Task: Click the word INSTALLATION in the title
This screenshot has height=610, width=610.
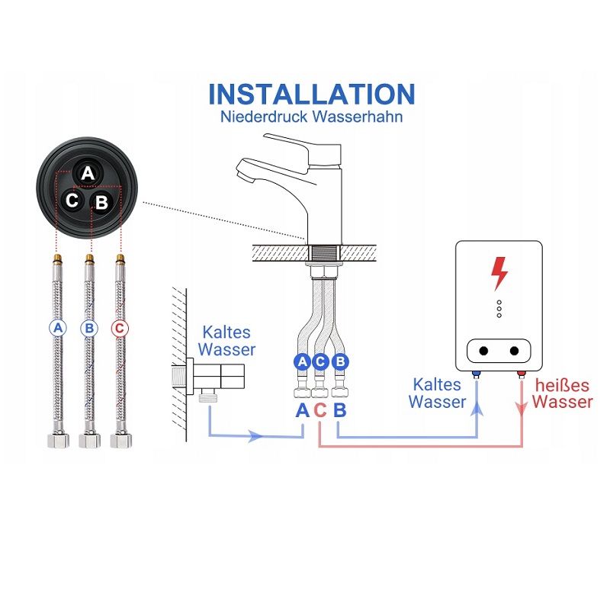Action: point(312,94)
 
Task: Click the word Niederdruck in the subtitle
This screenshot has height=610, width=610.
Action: point(264,117)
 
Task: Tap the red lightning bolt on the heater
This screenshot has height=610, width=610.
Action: point(499,274)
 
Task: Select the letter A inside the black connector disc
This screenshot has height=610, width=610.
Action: point(88,173)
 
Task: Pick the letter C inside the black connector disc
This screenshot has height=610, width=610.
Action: point(72,201)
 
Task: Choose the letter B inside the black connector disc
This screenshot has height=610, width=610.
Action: point(102,202)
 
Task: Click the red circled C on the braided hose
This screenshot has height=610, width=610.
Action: point(120,329)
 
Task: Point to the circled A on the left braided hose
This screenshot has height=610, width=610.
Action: point(58,328)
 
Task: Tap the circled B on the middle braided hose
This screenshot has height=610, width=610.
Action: point(89,329)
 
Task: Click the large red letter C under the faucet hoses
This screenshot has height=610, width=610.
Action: point(319,410)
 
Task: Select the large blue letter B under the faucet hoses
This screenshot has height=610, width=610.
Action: point(339,410)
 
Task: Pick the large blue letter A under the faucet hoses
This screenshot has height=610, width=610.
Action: point(302,410)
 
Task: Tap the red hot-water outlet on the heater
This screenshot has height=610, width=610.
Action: point(522,374)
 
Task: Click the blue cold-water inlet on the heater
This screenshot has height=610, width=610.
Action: point(476,374)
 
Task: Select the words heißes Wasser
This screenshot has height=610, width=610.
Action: point(563,393)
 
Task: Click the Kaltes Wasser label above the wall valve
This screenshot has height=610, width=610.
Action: point(226,341)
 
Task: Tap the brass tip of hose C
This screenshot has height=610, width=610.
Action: point(120,258)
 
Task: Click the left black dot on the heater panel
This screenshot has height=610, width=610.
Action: point(483,351)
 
